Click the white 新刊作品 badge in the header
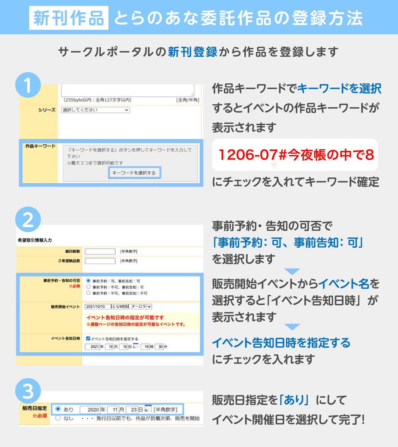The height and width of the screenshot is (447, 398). tap(69, 18)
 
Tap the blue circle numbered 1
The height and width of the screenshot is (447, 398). tap(28, 86)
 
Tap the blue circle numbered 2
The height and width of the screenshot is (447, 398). tap(28, 220)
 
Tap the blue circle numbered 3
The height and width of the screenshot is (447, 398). tap(28, 391)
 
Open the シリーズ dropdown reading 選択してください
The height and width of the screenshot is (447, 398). tap(95, 110)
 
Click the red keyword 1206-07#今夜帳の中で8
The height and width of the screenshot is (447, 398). tap(295, 155)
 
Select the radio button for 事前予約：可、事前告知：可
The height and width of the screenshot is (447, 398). tap(88, 281)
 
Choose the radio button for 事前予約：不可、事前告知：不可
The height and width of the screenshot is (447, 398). tap(88, 293)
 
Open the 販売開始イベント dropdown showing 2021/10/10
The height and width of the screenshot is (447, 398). tap(118, 307)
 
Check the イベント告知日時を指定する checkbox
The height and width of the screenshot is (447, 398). tap(88, 339)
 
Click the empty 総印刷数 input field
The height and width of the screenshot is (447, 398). tap(100, 251)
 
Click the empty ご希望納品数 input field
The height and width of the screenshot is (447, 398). tap(100, 261)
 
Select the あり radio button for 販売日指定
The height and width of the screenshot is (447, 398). tap(58, 409)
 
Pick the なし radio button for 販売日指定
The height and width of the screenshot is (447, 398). tap(58, 418)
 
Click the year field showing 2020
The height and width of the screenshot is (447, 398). tap(90, 410)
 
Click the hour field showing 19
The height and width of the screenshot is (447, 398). tap(147, 347)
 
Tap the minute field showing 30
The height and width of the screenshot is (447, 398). tap(159, 347)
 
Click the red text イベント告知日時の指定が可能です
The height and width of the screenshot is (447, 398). tap(125, 318)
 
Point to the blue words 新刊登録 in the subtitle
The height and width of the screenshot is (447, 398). tap(192, 52)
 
